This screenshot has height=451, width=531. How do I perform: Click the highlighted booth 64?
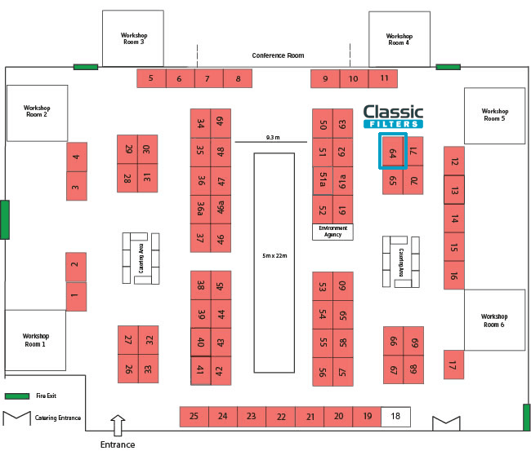tap(393, 151)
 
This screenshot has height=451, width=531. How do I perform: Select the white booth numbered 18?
tap(395, 417)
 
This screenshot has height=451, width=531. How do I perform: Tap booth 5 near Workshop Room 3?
tap(151, 78)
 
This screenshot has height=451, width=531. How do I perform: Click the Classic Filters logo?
tap(393, 117)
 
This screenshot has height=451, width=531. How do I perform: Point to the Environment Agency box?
tap(332, 232)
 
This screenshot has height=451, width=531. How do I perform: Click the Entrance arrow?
tap(118, 425)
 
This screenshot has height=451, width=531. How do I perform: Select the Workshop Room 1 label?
tap(36, 340)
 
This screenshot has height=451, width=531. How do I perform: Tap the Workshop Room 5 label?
tap(495, 115)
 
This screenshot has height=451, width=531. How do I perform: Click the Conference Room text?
tap(278, 55)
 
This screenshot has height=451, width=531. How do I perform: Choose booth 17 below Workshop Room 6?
tap(453, 365)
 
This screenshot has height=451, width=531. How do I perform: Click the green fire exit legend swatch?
tap(16, 396)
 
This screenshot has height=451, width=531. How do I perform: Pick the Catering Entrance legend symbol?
tap(16, 418)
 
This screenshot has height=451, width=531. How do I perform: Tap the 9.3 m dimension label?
tap(273, 137)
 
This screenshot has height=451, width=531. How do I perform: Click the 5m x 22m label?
tap(274, 256)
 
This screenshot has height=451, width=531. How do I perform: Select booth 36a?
tap(200, 210)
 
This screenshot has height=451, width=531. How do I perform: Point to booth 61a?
tap(343, 181)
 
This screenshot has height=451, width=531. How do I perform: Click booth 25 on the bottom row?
tap(194, 417)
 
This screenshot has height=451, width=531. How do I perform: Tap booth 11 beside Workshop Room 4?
tap(383, 79)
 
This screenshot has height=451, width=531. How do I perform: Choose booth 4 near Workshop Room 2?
tap(77, 157)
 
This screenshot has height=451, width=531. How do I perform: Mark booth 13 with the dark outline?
tap(454, 190)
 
